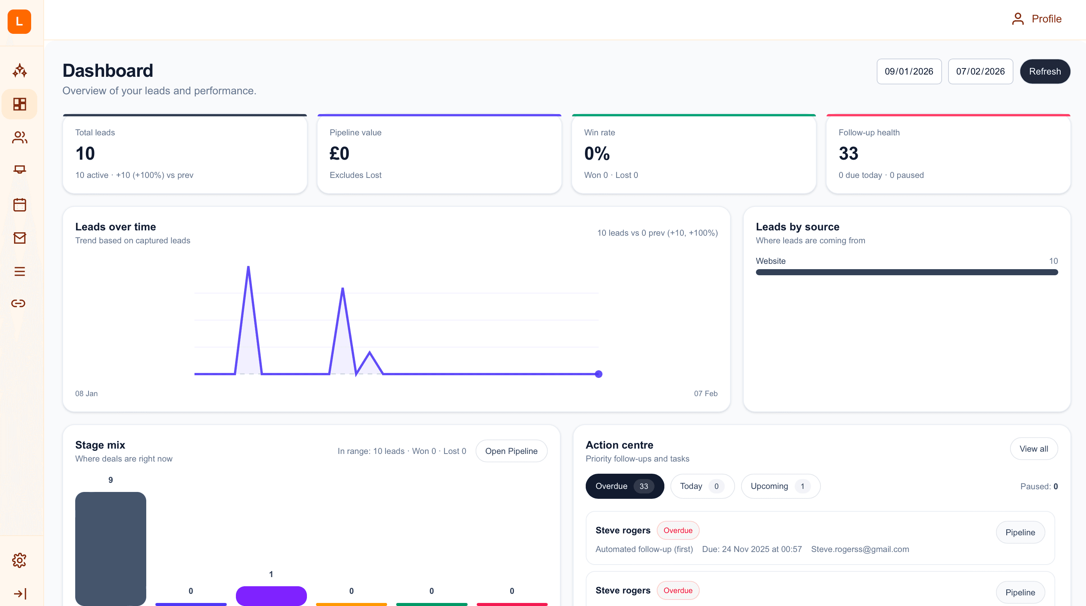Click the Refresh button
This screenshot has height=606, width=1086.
pos(1044,71)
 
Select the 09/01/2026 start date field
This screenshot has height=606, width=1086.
pos(909,71)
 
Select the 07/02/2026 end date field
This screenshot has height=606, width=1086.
pos(980,71)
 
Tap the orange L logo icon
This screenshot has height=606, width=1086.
pos(19,22)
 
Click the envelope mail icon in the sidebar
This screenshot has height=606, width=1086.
pos(19,238)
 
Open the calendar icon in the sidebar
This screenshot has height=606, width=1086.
pos(19,205)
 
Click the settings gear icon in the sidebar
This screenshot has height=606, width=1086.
pos(19,560)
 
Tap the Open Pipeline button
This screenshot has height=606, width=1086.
pos(511,451)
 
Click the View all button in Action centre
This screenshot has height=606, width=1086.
pos(1033,449)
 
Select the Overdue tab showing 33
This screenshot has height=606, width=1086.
pos(624,486)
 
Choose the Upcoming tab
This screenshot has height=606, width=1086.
pos(780,486)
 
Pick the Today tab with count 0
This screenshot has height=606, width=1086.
pos(702,486)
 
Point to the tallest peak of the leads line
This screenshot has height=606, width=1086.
pos(248,267)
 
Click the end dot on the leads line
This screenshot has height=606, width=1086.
pos(598,374)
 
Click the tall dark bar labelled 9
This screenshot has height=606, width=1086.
pos(111,549)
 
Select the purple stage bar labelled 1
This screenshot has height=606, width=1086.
pos(271,595)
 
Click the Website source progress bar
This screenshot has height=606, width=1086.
pos(906,272)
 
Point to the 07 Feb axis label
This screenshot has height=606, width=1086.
pos(705,393)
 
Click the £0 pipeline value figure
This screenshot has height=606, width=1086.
pos(339,153)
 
